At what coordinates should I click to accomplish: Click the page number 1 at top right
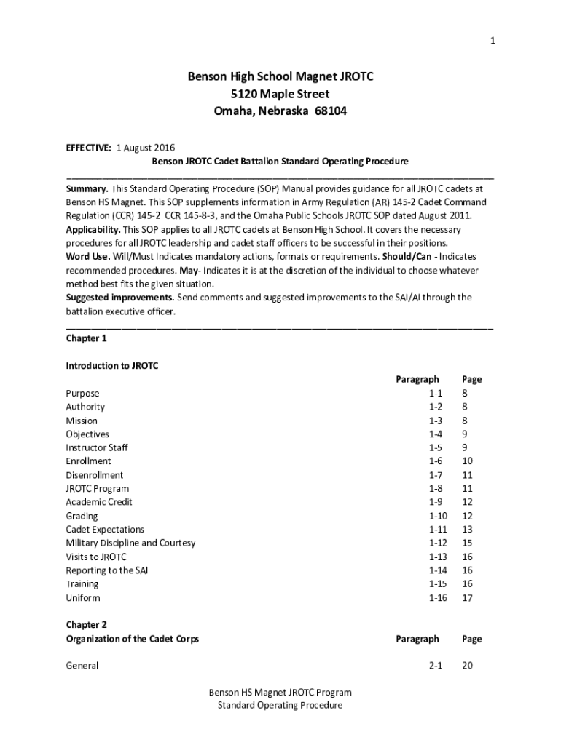pyautogui.click(x=493, y=41)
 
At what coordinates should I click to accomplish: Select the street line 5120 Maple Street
pyautogui.click(x=280, y=94)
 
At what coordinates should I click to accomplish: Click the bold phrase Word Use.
pyautogui.click(x=88, y=257)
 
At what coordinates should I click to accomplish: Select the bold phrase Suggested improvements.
pyautogui.click(x=120, y=298)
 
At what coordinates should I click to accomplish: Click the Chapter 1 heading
pyautogui.click(x=86, y=338)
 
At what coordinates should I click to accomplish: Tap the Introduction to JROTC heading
pyautogui.click(x=111, y=365)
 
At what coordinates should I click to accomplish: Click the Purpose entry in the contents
pyautogui.click(x=82, y=393)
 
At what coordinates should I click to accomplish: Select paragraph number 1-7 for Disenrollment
pyautogui.click(x=436, y=475)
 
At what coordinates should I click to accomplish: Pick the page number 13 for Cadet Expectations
pyautogui.click(x=467, y=530)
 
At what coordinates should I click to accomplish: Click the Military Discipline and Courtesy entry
pyautogui.click(x=130, y=543)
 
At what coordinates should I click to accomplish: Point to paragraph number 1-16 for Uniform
pyautogui.click(x=438, y=598)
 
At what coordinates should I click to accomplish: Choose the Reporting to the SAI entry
pyautogui.click(x=106, y=570)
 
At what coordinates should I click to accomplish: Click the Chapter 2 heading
pyautogui.click(x=86, y=625)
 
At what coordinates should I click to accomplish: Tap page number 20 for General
pyautogui.click(x=467, y=666)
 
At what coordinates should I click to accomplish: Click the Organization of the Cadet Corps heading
pyautogui.click(x=132, y=639)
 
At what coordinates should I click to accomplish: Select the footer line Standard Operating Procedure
pyautogui.click(x=280, y=705)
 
